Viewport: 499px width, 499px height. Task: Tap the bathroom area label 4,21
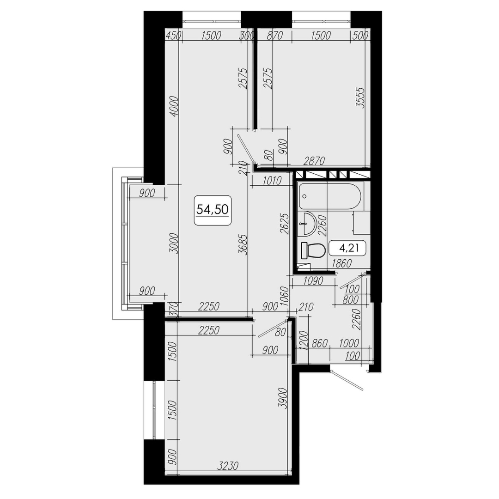point(349,248)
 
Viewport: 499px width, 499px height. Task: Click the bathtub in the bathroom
point(329,196)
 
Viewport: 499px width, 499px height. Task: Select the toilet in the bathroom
point(313,250)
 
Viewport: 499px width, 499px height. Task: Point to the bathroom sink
point(306,224)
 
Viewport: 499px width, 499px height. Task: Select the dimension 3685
point(243,244)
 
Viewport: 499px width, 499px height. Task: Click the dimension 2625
point(284,224)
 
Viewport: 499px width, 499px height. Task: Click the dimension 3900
point(283,398)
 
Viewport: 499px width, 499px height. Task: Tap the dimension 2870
point(314,161)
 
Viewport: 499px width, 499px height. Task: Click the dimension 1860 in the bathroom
point(341,263)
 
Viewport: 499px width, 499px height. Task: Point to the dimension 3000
point(174,244)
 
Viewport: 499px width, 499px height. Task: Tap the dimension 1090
point(313,281)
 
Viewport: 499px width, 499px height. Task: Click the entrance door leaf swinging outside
point(347,381)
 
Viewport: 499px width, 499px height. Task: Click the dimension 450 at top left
point(173,35)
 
